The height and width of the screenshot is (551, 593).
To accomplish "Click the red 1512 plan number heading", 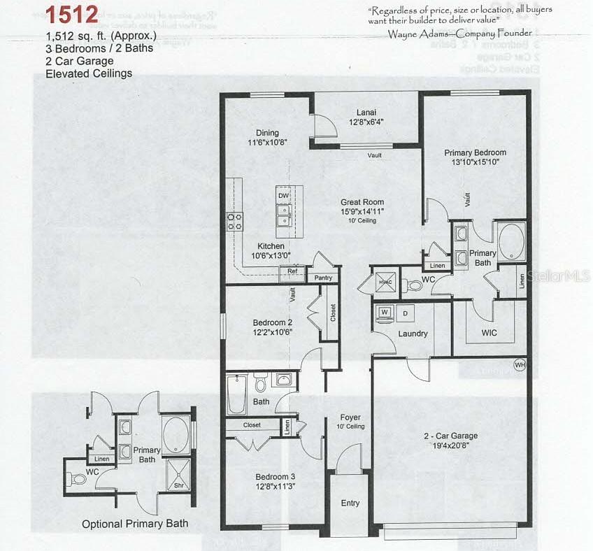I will (x=72, y=15).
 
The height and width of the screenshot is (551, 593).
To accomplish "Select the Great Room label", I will (x=362, y=202).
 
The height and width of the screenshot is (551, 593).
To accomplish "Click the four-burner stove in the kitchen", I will (x=234, y=221).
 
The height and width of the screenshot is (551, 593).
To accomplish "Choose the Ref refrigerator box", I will (x=292, y=271).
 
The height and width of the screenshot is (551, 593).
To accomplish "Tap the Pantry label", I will (x=323, y=278).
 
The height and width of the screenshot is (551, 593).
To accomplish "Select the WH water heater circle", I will (x=520, y=364).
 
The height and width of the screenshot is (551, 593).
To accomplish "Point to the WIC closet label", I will (x=489, y=333).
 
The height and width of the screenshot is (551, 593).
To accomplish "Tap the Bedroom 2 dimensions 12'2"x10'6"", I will (x=272, y=332).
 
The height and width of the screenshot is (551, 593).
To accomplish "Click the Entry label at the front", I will (x=350, y=503).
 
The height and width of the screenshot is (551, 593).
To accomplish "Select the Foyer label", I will (x=350, y=417).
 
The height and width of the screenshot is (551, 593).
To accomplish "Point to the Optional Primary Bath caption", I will (x=135, y=524).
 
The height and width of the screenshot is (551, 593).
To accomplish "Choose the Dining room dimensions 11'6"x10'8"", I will (x=268, y=142).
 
